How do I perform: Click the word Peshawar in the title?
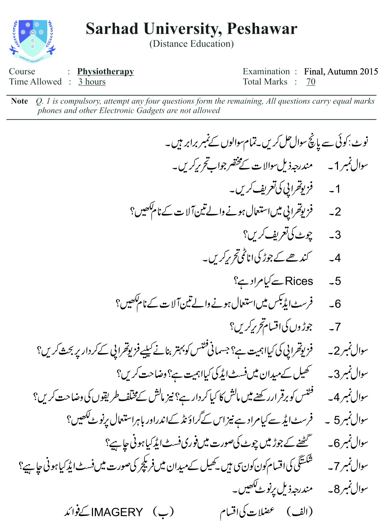[x=262, y=29]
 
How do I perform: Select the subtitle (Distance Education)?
[x=191, y=44]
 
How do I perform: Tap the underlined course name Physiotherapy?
[x=105, y=71]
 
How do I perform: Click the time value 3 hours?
[x=92, y=82]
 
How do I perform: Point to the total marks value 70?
[x=311, y=82]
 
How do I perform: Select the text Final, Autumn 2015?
[x=341, y=71]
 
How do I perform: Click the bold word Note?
[x=19, y=101]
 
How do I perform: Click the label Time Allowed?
[x=35, y=82]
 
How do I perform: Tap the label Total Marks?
[x=265, y=82]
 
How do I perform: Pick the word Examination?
[x=266, y=71]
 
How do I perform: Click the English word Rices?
[x=299, y=281]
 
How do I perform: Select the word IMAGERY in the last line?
[x=117, y=512]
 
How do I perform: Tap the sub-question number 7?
[x=338, y=327]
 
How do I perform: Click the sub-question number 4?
[x=338, y=258]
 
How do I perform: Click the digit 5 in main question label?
[x=337, y=420]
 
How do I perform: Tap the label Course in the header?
[x=22, y=71]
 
